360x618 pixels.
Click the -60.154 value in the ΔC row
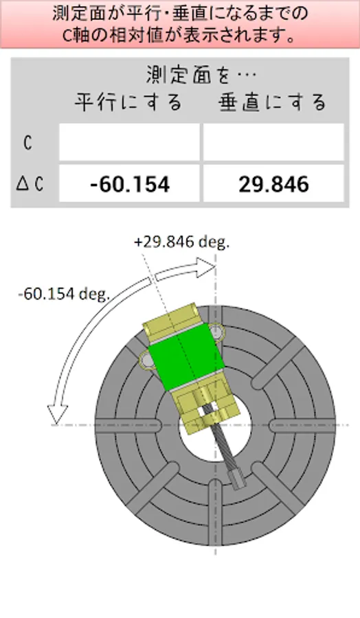tap(130, 184)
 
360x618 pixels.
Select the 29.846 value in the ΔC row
tap(273, 184)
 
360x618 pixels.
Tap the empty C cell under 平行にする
tap(129, 142)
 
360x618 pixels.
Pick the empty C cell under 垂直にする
tap(273, 142)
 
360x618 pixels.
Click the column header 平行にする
tap(128, 102)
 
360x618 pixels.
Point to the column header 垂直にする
tap(273, 102)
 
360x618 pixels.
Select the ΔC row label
tap(30, 184)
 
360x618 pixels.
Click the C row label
tap(27, 143)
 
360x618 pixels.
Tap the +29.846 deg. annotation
tap(182, 242)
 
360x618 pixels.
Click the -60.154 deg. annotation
tap(64, 294)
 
